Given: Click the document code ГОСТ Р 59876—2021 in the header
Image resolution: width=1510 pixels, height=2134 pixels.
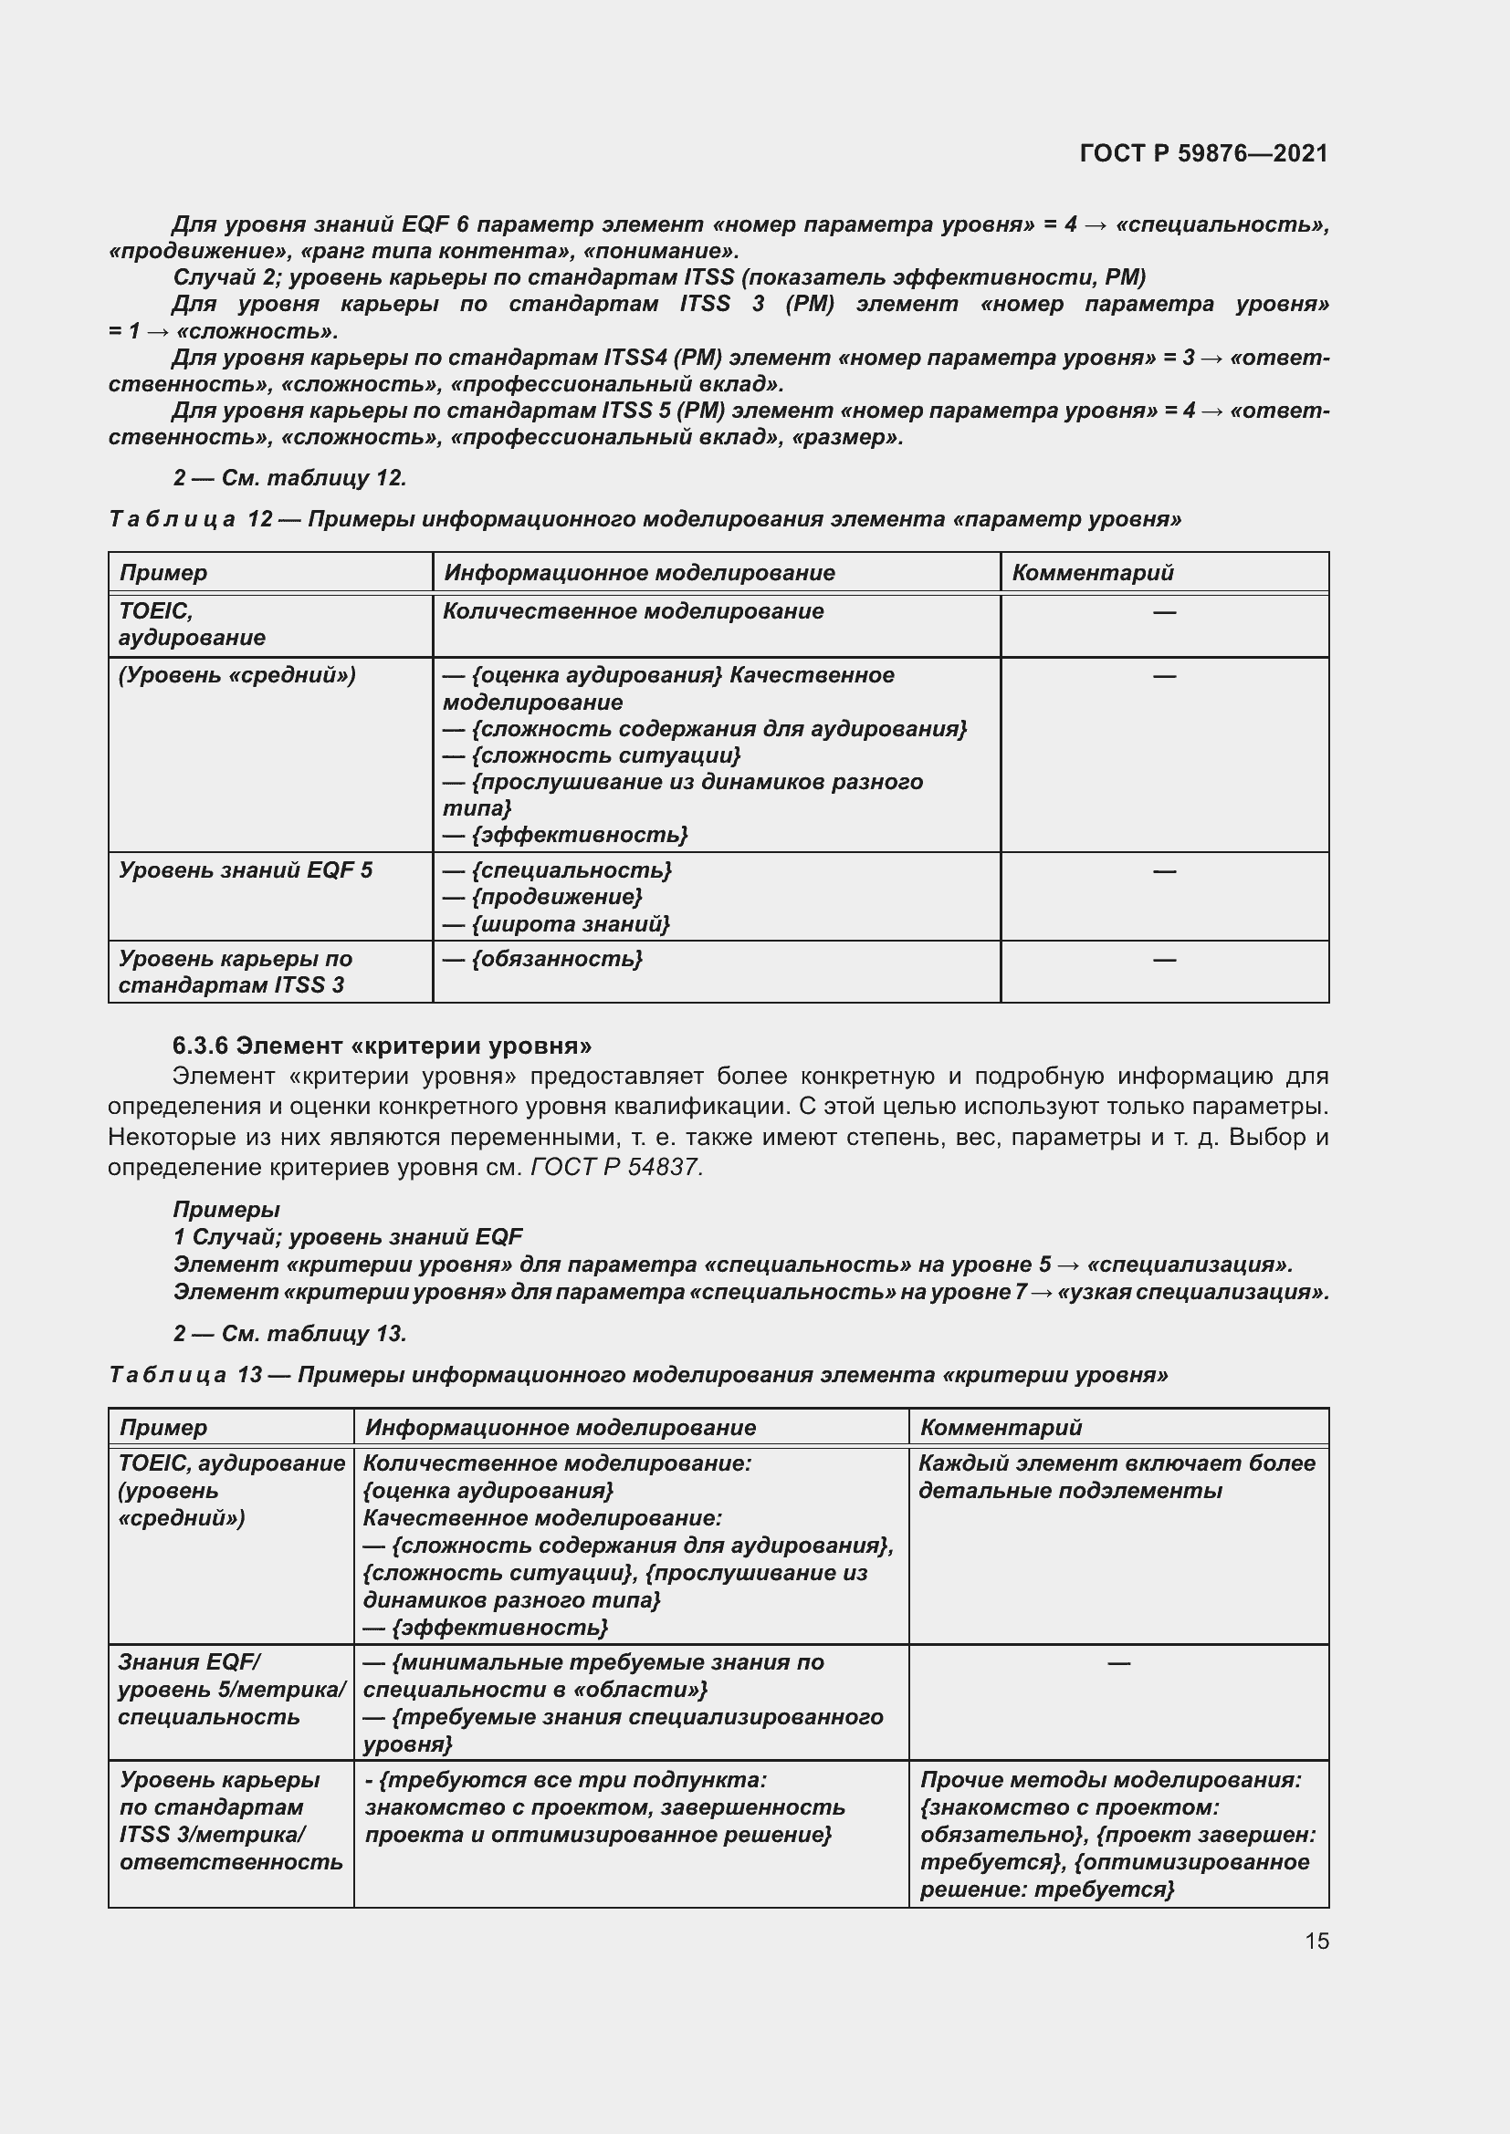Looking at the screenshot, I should (x=1203, y=153).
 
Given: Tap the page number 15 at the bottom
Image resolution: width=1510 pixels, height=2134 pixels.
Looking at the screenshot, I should (x=1316, y=1941).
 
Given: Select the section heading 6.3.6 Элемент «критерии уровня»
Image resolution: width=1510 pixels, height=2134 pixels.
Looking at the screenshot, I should (x=382, y=1046).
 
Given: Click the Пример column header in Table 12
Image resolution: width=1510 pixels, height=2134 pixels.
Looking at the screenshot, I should (x=163, y=573).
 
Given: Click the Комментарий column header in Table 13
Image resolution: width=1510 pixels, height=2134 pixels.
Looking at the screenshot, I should (x=1001, y=1427).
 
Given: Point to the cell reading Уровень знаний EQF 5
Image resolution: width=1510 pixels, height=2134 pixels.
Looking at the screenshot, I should (x=246, y=870).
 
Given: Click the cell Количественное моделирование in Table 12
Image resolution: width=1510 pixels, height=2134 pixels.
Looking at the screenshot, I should (x=634, y=610).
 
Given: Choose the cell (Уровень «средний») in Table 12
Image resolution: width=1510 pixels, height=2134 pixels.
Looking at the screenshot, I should (x=237, y=675).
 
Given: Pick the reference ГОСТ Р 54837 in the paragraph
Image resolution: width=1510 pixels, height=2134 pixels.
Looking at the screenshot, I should (x=615, y=1168).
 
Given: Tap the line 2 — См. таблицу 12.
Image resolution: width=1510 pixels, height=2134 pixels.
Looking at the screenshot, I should (x=289, y=478).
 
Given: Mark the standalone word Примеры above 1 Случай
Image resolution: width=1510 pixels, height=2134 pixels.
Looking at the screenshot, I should (x=225, y=1209).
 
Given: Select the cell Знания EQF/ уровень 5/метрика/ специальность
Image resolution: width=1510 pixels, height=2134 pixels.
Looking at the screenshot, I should (x=231, y=1689).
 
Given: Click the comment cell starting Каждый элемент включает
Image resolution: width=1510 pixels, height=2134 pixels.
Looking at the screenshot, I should (x=1116, y=1476).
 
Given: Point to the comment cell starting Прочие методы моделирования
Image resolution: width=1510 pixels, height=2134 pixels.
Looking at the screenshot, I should (x=1117, y=1834).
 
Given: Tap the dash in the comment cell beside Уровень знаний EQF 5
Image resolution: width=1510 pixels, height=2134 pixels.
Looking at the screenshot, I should (x=1163, y=871).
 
